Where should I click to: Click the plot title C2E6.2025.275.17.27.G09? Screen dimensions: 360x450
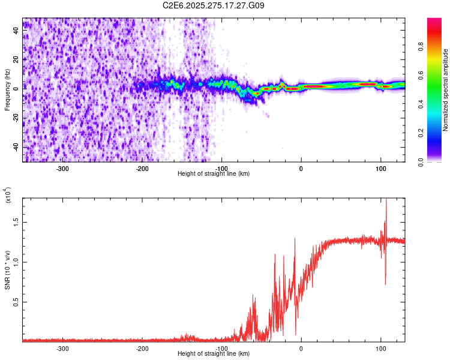[214, 5]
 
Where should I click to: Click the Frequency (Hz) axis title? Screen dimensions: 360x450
[7, 90]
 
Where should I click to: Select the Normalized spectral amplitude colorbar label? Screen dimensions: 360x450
[445, 90]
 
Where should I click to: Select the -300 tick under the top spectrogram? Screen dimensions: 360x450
[63, 168]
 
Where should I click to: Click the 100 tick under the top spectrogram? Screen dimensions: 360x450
[380, 168]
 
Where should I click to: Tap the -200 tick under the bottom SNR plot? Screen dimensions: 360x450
[142, 348]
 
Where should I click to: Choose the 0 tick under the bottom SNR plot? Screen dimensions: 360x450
[301, 348]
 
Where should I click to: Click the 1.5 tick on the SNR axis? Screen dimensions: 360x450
[17, 222]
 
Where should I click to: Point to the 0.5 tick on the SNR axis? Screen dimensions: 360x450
[17, 302]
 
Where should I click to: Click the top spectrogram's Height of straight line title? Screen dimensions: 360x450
[214, 174]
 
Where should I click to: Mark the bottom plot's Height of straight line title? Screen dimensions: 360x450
[214, 354]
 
